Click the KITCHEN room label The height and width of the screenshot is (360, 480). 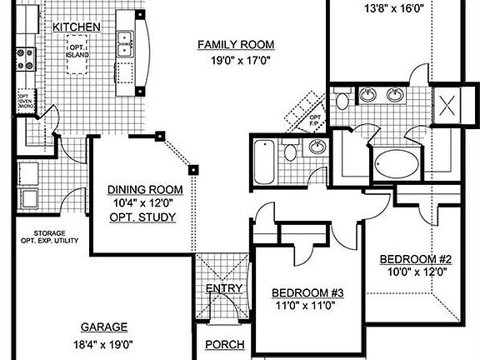coord(77,27)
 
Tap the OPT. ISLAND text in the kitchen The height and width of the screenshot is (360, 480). coord(77,52)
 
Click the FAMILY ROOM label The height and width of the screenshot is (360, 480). coord(236,44)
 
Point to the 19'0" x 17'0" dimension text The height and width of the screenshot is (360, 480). coord(236,60)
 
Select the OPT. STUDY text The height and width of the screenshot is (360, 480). coord(142,217)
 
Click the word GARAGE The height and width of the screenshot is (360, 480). coord(104,327)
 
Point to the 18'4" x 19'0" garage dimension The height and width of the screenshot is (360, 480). coord(104,344)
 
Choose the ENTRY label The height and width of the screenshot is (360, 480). coord(224,289)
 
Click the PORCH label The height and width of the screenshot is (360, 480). coord(224,345)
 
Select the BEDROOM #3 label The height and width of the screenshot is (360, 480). coord(308,292)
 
